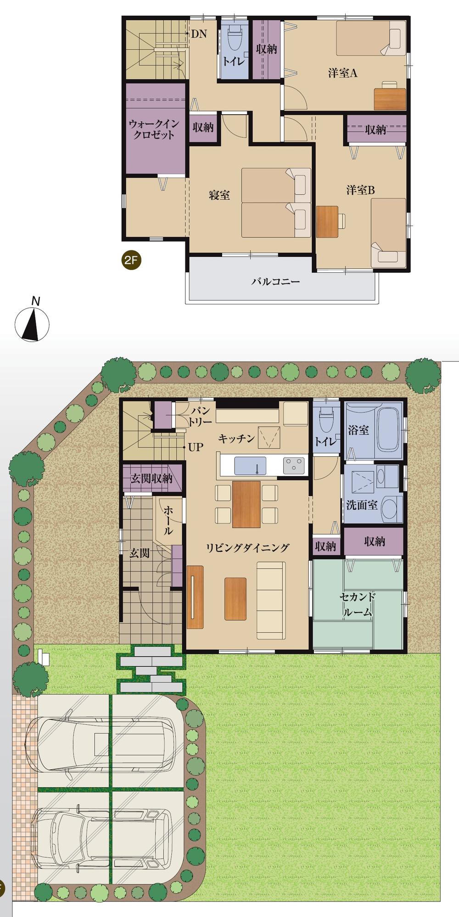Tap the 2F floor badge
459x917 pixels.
coord(131,260)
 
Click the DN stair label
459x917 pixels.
coord(199,33)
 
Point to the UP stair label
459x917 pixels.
coord(196,447)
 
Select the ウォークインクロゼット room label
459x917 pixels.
coord(154,129)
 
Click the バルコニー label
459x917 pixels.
coord(275,281)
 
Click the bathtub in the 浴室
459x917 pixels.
coord(389,429)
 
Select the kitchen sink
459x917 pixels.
coord(250,466)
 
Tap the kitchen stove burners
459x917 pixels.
coord(294,466)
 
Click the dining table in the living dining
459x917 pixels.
coord(246,504)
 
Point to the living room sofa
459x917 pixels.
coord(271,600)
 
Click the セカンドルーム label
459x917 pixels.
coord(358,604)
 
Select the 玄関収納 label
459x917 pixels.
coord(151,479)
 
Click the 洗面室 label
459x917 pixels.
coord(362,505)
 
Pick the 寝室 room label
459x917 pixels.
coord(219,195)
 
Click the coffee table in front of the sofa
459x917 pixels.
coord(235,599)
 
